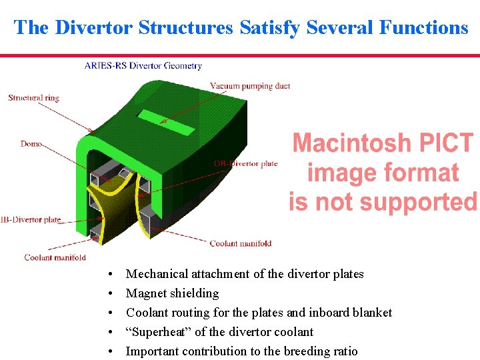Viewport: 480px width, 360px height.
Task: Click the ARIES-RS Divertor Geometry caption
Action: click(143, 65)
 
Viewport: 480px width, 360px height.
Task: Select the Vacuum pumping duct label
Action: click(250, 86)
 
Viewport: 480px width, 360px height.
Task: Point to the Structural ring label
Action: click(33, 98)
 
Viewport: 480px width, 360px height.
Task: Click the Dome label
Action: click(31, 144)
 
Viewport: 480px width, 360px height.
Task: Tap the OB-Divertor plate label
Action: click(246, 163)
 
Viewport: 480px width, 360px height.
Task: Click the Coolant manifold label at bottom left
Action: click(55, 257)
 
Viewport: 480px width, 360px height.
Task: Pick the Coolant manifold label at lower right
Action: click(241, 243)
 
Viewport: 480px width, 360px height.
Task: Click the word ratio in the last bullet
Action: click(344, 351)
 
